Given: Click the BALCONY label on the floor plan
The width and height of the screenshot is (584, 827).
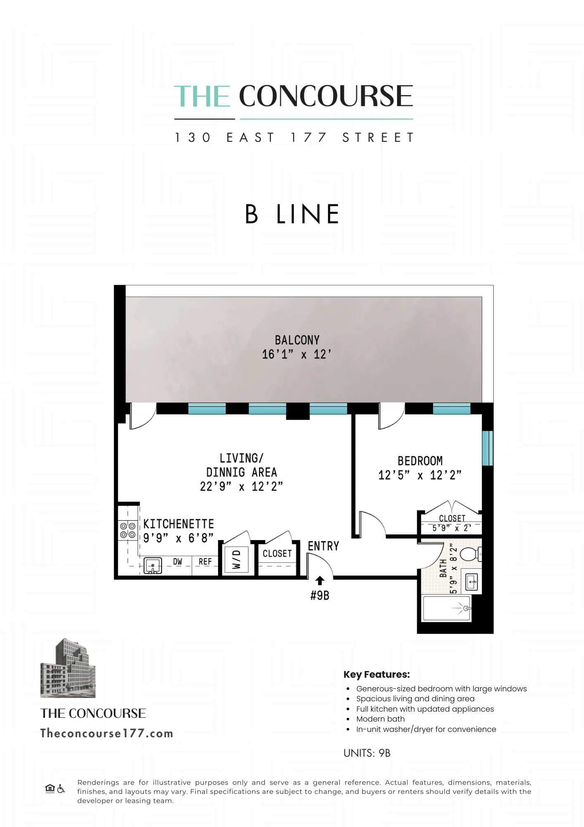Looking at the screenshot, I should (x=297, y=340).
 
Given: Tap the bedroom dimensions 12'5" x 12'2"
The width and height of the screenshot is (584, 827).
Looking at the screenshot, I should (x=420, y=475).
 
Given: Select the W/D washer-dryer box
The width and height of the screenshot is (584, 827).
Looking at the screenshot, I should (x=236, y=559).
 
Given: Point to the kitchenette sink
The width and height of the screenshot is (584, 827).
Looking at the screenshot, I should (x=152, y=566).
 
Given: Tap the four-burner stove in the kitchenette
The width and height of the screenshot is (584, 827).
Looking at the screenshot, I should (x=128, y=530).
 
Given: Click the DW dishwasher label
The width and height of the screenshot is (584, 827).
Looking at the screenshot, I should (x=178, y=562).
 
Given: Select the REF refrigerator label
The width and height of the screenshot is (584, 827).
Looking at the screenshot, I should (x=205, y=562).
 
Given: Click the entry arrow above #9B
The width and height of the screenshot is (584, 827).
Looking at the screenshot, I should (x=320, y=581).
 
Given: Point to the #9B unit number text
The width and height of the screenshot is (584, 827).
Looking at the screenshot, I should (x=320, y=595).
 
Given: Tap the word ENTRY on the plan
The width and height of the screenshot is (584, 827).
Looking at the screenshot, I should (x=323, y=546).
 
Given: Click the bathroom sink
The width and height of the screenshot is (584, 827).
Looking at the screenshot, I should (x=472, y=582).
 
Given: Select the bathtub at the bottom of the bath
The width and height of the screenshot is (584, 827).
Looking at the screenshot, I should (x=446, y=608).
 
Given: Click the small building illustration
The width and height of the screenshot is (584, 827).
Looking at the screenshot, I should (x=68, y=668).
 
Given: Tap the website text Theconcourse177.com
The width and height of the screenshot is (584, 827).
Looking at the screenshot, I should (x=107, y=734).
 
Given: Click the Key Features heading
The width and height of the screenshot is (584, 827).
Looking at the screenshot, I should (x=376, y=674).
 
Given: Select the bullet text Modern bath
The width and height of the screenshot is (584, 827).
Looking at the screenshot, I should (x=380, y=719).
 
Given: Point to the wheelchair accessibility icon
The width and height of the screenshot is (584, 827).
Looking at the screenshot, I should (x=61, y=789).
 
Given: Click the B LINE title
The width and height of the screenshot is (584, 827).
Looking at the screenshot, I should (x=292, y=214).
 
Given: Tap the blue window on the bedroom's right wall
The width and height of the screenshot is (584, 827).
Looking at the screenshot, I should (x=487, y=448).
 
